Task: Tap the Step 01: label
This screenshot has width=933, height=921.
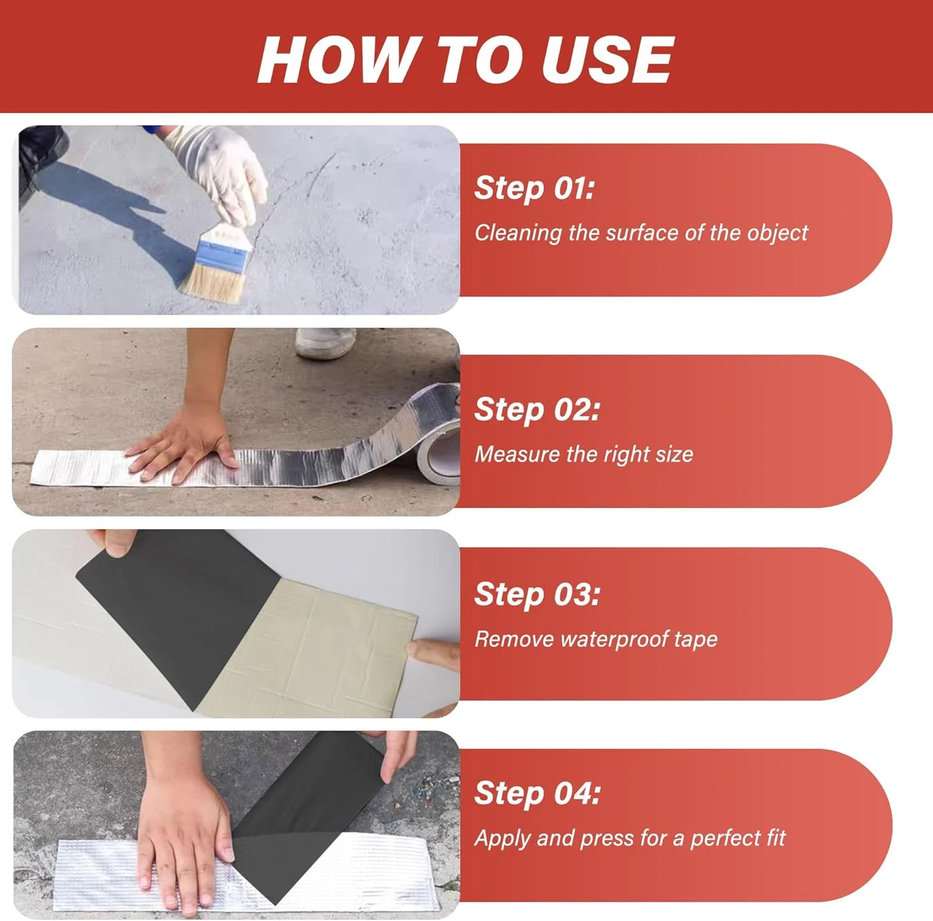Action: [x=534, y=187]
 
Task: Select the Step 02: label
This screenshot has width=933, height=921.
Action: [x=537, y=409]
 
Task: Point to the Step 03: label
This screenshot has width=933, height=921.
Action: [x=537, y=594]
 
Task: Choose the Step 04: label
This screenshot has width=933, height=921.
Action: [x=537, y=793]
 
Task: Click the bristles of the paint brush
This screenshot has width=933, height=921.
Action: [x=212, y=282]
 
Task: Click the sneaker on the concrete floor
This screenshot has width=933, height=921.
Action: [x=325, y=343]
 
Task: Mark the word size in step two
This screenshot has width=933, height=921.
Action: [x=674, y=455]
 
